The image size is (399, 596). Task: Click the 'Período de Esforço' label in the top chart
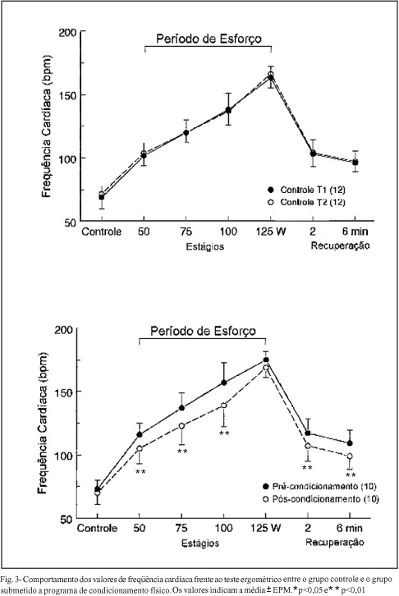209,39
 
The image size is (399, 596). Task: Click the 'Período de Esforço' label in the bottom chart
204,331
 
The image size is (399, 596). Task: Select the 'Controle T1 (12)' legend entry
307,190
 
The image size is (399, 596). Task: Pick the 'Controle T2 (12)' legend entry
307,202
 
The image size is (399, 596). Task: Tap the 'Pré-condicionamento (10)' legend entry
319,486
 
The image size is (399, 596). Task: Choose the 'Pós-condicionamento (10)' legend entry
321,498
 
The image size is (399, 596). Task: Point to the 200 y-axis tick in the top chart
67,33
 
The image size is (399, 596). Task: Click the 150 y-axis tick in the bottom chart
63,392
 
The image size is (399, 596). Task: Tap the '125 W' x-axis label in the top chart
271,232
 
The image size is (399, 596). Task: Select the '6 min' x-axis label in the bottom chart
350,528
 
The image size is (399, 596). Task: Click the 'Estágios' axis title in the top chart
205,246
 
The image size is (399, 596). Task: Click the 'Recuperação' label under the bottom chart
335,542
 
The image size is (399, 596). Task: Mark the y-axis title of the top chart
46,126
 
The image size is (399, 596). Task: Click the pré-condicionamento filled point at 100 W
224,383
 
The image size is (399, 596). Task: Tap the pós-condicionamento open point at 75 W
181,426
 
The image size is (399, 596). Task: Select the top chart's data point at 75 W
186,133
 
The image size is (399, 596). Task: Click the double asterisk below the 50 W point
140,472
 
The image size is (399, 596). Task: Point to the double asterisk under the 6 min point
351,475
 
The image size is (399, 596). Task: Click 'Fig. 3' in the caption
9,580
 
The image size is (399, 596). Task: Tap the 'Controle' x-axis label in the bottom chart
97,528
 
